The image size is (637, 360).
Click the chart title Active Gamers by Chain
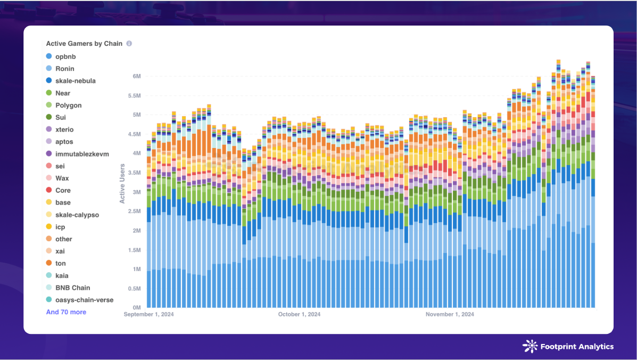point(84,44)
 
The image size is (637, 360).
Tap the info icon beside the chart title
point(129,44)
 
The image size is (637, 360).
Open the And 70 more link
point(66,312)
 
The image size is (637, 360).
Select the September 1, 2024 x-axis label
point(149,314)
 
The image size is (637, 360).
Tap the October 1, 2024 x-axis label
point(299,314)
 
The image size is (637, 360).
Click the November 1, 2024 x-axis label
point(450,314)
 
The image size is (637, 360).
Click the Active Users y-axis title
point(122,183)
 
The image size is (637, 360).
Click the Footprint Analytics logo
point(568,347)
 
